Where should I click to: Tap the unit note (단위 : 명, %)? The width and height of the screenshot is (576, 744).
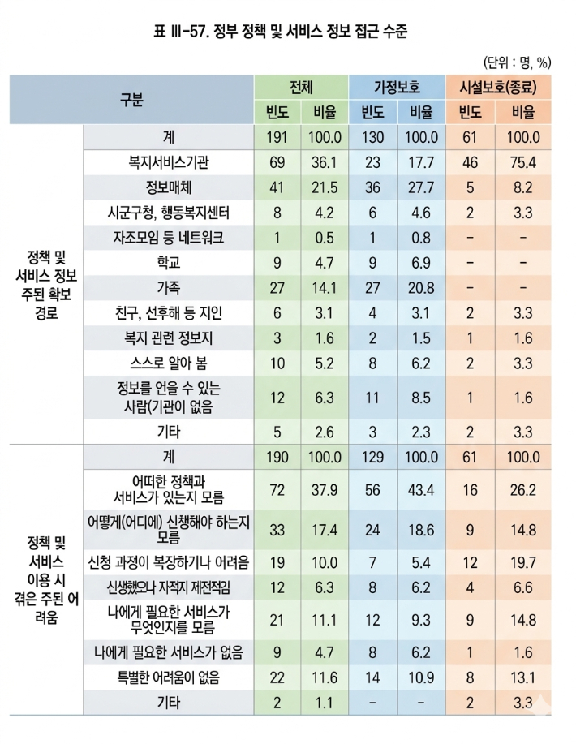517,62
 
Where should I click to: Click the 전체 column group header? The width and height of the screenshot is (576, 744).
300,87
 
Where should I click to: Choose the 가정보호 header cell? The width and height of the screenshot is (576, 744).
398,87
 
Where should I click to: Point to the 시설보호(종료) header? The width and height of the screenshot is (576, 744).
494,87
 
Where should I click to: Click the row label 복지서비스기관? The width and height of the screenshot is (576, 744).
168,162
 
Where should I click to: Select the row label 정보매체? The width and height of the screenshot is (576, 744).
168,187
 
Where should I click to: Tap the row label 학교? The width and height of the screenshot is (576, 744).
168,263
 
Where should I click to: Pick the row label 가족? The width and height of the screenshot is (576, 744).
168,288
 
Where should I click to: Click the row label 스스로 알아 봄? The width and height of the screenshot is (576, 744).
168,363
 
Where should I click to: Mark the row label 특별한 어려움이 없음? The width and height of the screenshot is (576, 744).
168,676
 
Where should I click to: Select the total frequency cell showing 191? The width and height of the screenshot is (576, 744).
277,137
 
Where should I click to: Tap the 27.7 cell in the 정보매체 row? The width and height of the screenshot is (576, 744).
422,187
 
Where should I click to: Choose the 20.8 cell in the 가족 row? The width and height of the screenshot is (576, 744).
422,288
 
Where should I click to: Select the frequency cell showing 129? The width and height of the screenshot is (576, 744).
373,457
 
